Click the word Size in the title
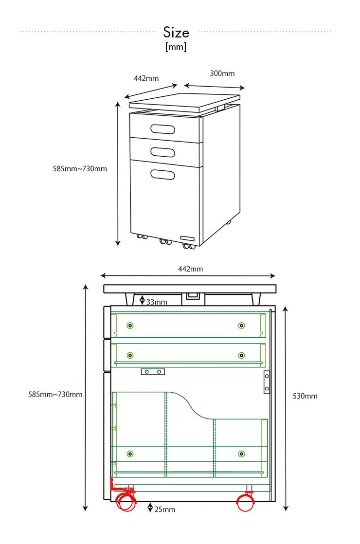176,32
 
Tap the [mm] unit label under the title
176,47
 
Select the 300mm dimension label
222,73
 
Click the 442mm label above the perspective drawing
146,78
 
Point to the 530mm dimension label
305,396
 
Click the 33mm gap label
157,302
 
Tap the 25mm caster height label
165,509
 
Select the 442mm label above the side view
190,269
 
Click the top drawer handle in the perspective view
162,129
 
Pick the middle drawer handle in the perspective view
162,152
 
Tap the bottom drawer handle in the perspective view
162,174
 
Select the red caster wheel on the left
126,502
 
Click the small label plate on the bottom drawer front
187,238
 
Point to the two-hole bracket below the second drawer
153,372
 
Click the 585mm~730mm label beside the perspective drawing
80,169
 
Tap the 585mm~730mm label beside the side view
55,395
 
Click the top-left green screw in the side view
130,326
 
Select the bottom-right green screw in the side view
242,454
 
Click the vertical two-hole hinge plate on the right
267,382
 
